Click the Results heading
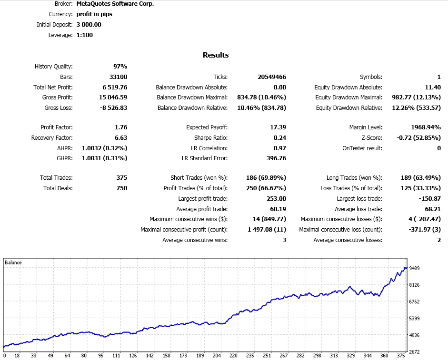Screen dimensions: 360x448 tap(216, 55)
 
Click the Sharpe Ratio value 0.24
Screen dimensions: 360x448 tap(279, 138)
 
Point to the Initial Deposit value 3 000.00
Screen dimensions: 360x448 tap(89, 25)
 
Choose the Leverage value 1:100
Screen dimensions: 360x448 tap(85, 35)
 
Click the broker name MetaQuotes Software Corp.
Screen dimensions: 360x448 tap(115, 4)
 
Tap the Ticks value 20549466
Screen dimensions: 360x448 tap(271, 77)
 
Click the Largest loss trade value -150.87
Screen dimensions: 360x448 tap(428, 199)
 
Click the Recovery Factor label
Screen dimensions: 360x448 tap(52, 138)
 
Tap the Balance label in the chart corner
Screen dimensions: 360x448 tap(13, 263)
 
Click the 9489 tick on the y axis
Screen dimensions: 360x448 tap(415, 268)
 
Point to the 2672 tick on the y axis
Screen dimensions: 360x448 tap(415, 351)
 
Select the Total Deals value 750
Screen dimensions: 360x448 tap(121, 188)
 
